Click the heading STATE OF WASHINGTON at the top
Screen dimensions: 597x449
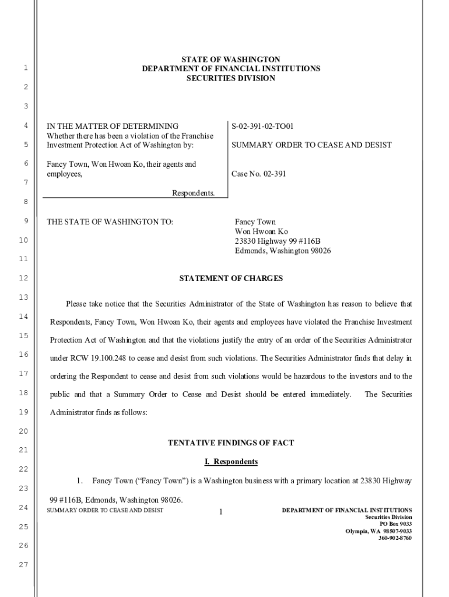tap(230, 59)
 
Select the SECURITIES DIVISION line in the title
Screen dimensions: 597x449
tap(230, 78)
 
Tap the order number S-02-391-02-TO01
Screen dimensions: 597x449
tap(262, 126)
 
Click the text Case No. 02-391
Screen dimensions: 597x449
tap(258, 174)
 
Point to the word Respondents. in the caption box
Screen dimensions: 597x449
tap(193, 193)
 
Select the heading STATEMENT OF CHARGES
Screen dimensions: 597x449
tap(231, 279)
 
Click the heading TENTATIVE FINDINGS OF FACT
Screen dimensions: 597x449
tap(231, 443)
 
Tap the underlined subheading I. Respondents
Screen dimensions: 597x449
tap(231, 462)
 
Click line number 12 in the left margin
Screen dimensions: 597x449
tap(23, 278)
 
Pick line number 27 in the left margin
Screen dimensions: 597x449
tap(23, 564)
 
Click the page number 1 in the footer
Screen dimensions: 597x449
tap(221, 512)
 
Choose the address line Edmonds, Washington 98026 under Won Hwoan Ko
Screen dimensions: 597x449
tap(283, 251)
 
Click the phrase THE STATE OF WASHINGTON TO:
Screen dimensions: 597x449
tap(110, 222)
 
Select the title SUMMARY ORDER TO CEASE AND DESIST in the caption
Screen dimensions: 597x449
tap(311, 145)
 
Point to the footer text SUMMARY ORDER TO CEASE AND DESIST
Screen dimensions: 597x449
tap(105, 511)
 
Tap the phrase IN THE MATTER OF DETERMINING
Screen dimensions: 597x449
tap(113, 126)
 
